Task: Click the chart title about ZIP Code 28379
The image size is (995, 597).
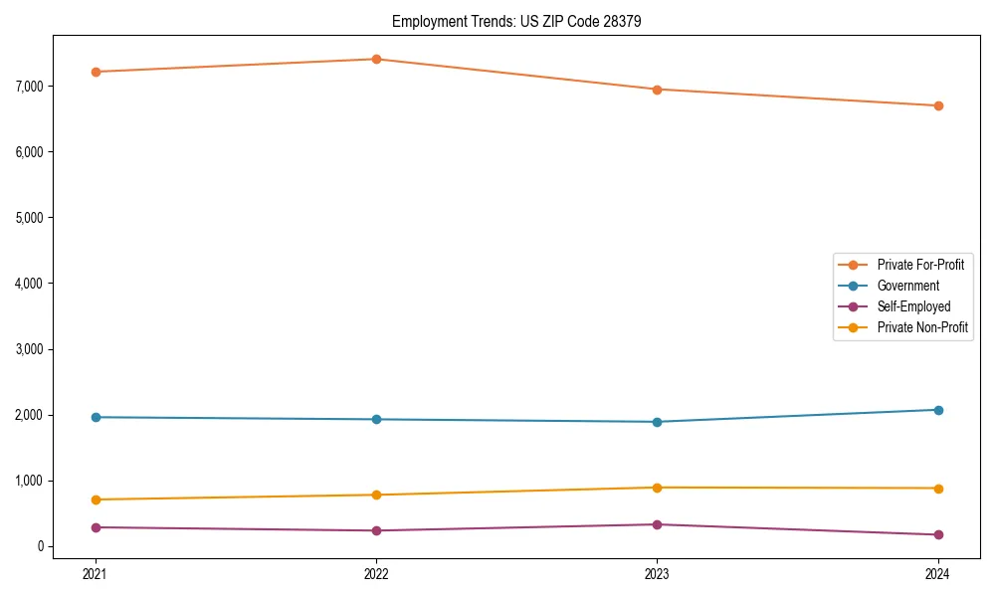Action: [515, 21]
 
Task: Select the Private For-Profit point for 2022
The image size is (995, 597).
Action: [376, 59]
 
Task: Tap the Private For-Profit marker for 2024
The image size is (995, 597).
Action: [937, 105]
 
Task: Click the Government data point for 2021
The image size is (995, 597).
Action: [96, 417]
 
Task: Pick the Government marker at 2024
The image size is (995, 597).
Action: [937, 410]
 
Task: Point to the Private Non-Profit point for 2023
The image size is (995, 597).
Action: [657, 488]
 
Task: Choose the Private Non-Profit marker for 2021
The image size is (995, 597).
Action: [96, 499]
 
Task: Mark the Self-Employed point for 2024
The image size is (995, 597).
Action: [937, 534]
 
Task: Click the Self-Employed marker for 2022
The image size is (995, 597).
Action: [376, 530]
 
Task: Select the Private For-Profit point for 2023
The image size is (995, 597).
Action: [657, 90]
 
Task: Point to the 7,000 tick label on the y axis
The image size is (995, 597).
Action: [30, 87]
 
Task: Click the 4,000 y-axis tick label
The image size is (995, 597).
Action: [30, 284]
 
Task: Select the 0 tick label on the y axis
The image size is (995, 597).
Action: [41, 546]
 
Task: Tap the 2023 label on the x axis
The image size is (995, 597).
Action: [657, 573]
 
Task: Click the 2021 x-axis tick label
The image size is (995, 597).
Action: [96, 573]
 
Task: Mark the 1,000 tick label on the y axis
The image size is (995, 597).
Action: [30, 481]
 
